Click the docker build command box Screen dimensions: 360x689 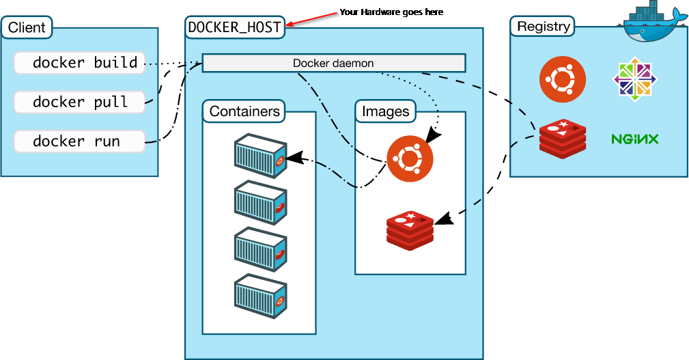click(79, 63)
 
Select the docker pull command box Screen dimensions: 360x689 click(79, 102)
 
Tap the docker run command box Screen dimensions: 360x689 click(79, 141)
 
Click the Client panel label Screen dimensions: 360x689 click(27, 28)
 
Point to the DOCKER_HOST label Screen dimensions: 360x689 click(234, 27)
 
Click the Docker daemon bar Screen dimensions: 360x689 click(333, 64)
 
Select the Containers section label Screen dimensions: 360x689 click(244, 111)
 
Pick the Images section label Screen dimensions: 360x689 click(385, 111)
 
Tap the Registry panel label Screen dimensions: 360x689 click(543, 27)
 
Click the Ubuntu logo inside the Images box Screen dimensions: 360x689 click(409, 159)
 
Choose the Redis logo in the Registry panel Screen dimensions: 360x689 click(562, 139)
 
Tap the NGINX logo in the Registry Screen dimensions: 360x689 click(634, 139)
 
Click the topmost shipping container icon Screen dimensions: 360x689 click(260, 156)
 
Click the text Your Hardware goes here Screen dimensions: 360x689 click(391, 12)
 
